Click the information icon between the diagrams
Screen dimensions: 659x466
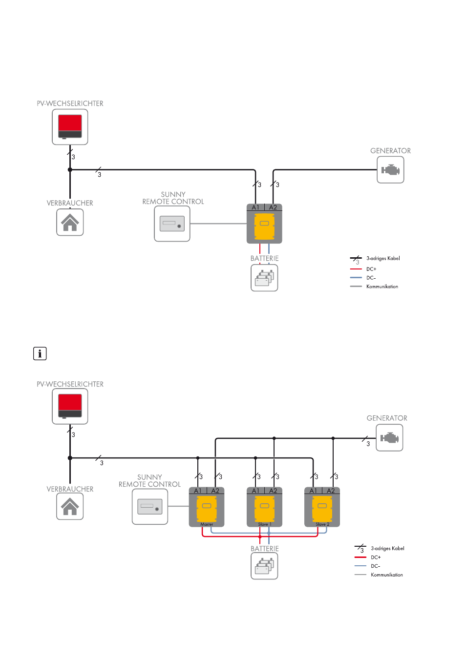pos(40,353)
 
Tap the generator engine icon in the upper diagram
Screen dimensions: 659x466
pos(390,170)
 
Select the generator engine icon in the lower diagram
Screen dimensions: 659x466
pos(389,437)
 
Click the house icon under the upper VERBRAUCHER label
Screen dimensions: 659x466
pos(70,223)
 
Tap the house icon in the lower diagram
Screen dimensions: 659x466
pos(70,506)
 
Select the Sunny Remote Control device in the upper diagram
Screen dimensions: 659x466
pos(172,224)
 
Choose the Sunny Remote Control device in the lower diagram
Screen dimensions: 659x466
pos(150,507)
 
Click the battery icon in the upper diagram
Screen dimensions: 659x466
pos(264,278)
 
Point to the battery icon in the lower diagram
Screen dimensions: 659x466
pos(264,566)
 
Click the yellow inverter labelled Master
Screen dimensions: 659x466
pos(207,509)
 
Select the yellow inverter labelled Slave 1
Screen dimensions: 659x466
pos(264,509)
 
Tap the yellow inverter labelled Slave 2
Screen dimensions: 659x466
pos(322,509)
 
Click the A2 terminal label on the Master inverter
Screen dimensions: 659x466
pos(215,491)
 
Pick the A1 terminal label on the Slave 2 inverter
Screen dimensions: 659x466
pos(313,491)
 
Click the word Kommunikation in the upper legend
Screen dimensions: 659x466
pos(382,287)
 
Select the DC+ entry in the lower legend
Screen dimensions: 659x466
pos(376,557)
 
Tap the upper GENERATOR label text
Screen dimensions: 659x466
pos(390,151)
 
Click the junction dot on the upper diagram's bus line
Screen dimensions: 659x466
pos(70,169)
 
